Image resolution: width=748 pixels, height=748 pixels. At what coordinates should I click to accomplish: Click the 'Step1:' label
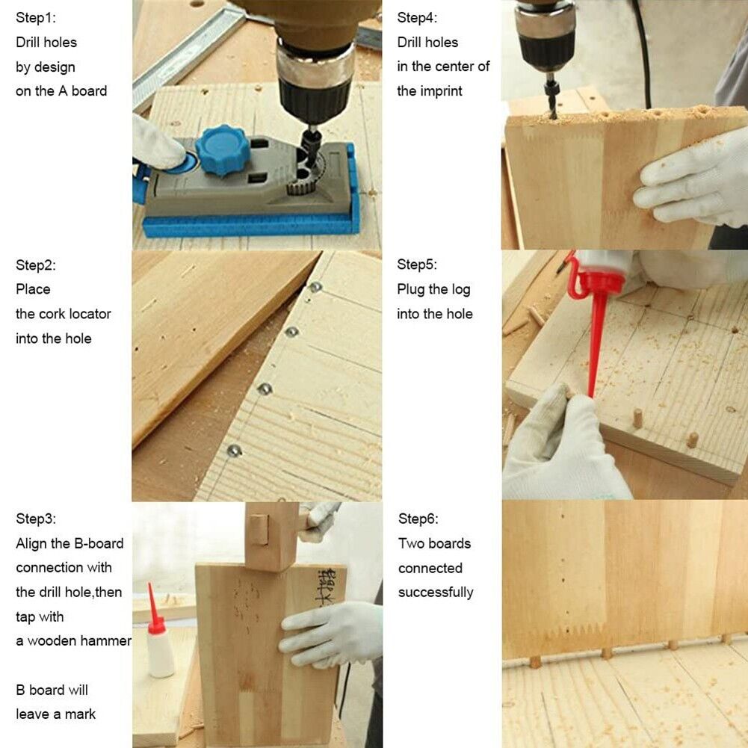[x=36, y=18]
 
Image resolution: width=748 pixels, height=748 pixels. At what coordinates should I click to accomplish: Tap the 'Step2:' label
[x=36, y=265]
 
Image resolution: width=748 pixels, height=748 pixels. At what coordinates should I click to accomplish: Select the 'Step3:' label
[x=36, y=519]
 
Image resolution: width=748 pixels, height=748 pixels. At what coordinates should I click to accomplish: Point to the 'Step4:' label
[x=417, y=18]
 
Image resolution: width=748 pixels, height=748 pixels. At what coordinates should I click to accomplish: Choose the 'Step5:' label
[x=417, y=265]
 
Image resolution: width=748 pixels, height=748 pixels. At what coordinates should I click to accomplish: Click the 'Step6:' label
[x=418, y=519]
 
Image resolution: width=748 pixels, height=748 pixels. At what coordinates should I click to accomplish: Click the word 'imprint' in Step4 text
[x=440, y=91]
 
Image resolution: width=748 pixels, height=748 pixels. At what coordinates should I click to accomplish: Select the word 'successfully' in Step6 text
[x=436, y=593]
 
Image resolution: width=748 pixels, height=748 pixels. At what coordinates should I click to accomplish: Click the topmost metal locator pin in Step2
[x=315, y=287]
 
